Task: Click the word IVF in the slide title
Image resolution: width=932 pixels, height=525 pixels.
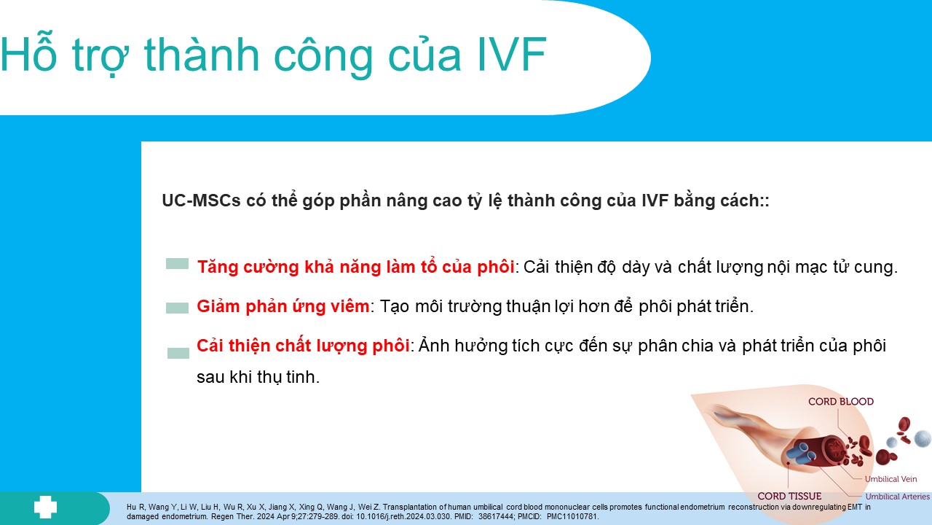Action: (511, 55)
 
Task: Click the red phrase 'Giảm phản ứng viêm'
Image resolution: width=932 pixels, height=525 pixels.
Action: (283, 306)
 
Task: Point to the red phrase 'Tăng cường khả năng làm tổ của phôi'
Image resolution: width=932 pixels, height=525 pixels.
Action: (356, 267)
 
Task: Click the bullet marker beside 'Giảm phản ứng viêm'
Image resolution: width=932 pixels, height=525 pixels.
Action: (177, 308)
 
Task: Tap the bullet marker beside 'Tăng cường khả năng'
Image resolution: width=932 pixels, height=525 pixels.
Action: (177, 263)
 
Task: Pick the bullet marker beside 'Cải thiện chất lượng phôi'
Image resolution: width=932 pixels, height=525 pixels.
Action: (178, 353)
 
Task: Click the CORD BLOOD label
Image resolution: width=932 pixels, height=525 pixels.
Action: (841, 402)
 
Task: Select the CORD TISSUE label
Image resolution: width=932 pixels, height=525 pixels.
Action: (789, 497)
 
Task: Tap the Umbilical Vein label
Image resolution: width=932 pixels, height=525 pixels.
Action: (890, 479)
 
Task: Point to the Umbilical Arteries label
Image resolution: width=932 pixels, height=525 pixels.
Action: (898, 497)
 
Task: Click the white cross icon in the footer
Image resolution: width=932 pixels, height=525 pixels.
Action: (45, 507)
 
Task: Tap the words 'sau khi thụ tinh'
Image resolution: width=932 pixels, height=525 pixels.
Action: (257, 377)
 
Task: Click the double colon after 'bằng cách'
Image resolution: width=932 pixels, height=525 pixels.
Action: (765, 201)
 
